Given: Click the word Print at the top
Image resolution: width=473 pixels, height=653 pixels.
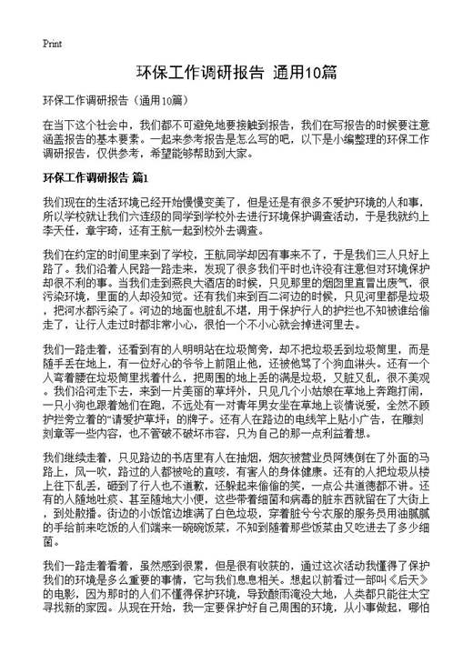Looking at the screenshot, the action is pos(52,44).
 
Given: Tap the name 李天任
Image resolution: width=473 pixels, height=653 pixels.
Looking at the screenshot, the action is pos(59,232).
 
